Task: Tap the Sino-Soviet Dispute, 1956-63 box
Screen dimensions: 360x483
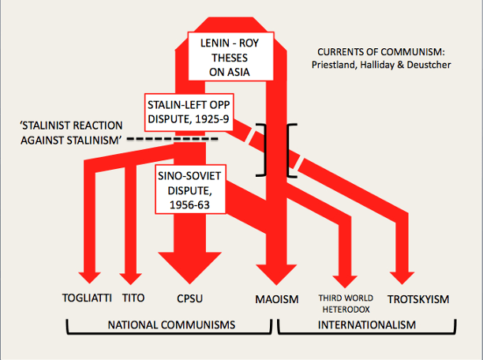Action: coord(189,189)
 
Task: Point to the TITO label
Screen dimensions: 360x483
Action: coord(134,298)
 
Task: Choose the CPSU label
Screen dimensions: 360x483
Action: coord(190,298)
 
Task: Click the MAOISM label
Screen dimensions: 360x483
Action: coord(277,298)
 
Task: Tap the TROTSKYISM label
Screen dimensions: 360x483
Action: coord(417,298)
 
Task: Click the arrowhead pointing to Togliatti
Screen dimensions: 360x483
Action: coord(89,276)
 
